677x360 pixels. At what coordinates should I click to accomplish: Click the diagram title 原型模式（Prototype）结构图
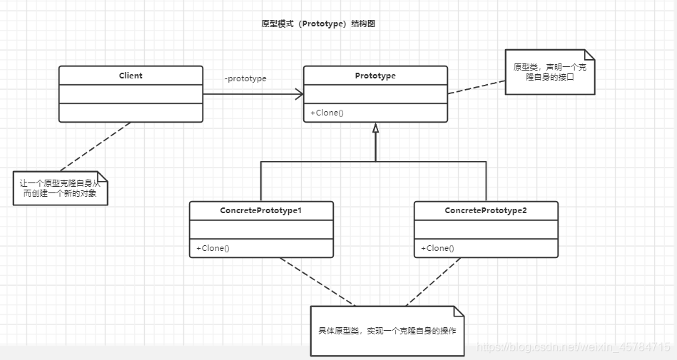318,24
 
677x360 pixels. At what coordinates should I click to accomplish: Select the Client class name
131,76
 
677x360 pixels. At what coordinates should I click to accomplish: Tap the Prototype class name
375,76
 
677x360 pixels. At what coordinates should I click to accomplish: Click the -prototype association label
245,78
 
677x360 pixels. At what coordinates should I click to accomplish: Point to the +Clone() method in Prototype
327,113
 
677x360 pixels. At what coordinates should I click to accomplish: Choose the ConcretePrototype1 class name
261,211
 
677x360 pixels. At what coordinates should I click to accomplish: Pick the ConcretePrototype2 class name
486,211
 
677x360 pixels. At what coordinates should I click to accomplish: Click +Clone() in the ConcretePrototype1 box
213,248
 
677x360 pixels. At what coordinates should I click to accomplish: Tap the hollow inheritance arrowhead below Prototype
375,128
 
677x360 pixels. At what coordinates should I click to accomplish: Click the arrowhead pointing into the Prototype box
299,94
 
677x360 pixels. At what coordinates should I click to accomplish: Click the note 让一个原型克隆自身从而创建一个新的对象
60,188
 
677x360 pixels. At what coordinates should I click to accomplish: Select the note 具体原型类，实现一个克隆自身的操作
387,331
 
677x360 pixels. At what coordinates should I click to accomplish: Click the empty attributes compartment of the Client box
131,94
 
